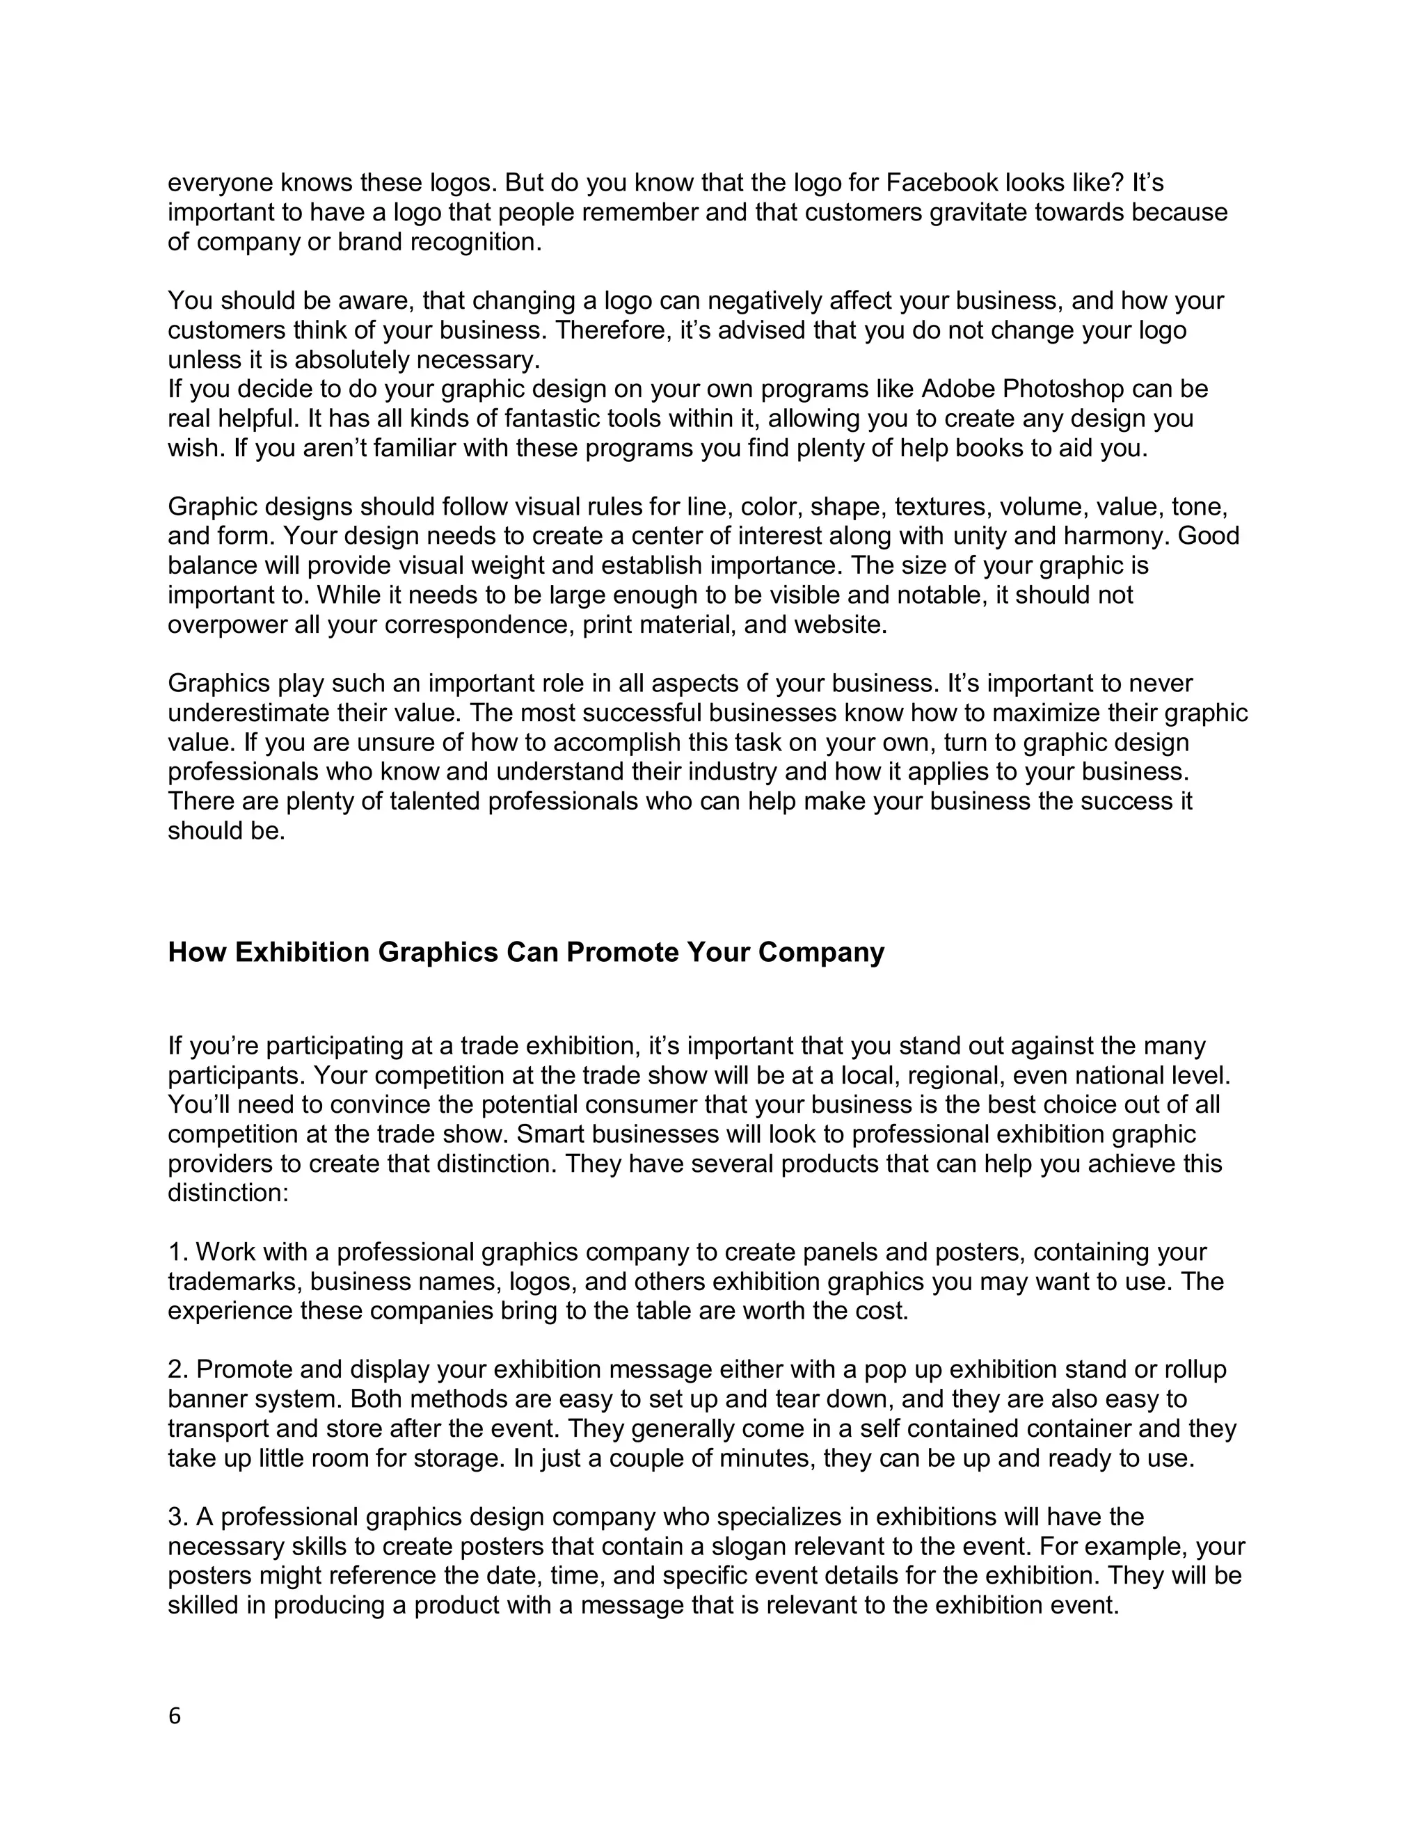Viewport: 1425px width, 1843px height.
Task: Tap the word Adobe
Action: (958, 388)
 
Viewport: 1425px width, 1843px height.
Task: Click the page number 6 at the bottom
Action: (175, 1716)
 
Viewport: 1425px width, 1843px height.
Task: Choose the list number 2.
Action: (177, 1369)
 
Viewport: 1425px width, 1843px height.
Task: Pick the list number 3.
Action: (177, 1516)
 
